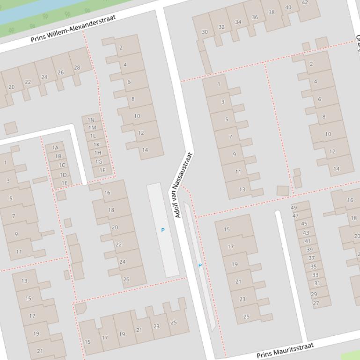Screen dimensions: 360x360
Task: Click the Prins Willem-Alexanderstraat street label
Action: [73, 29]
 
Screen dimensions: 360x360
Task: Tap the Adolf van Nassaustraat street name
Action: [183, 185]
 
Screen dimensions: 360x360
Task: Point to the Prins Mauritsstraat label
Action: [285, 350]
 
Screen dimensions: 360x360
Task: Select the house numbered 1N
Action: [91, 120]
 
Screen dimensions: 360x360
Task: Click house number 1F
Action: [102, 170]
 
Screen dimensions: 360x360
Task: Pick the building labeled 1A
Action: [55, 148]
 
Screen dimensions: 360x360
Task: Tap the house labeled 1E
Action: [64, 183]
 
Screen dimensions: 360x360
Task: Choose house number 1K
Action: [96, 144]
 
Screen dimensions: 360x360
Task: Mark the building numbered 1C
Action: [61, 165]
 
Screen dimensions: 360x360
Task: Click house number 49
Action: [294, 208]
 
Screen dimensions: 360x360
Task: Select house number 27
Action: [316, 303]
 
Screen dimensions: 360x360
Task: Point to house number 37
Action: [311, 258]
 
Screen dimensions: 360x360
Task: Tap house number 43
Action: [306, 232]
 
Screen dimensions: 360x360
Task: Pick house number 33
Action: [315, 275]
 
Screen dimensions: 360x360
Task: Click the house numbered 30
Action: [205, 32]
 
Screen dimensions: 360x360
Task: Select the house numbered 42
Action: [305, 2]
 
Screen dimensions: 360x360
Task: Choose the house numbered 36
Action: [255, 17]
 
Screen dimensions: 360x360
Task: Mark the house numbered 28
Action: [77, 67]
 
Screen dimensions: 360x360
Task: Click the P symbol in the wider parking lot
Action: [163, 230]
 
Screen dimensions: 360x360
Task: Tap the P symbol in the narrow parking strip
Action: [200, 266]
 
